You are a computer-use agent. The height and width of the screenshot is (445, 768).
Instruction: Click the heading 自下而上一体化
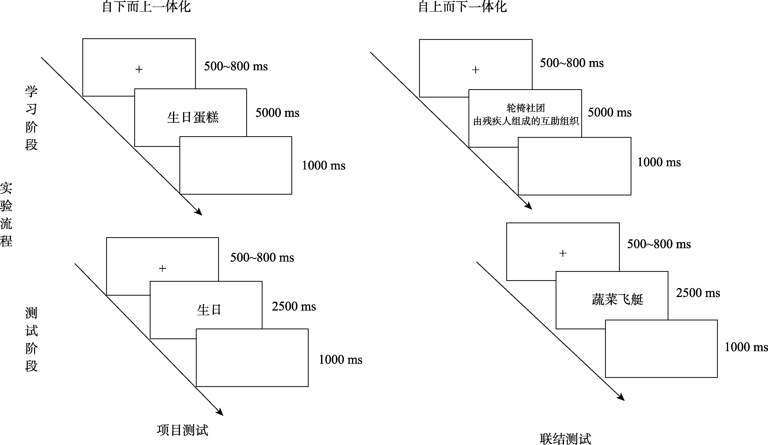(x=146, y=7)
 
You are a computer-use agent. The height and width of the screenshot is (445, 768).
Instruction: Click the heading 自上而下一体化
(x=463, y=7)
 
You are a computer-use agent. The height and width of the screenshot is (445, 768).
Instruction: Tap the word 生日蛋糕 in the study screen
(x=193, y=117)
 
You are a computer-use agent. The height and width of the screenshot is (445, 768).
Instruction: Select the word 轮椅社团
(x=526, y=108)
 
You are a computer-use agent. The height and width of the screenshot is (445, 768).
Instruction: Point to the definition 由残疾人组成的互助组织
(x=526, y=122)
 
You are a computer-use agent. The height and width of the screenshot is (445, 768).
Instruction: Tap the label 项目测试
(x=183, y=430)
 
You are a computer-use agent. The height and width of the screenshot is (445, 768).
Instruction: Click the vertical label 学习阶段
(x=31, y=118)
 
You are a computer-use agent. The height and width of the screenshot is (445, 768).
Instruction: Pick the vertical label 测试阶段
(x=31, y=339)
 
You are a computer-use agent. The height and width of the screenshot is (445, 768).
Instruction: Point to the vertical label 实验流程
(x=6, y=215)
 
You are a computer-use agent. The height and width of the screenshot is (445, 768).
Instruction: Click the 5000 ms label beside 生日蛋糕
(x=277, y=113)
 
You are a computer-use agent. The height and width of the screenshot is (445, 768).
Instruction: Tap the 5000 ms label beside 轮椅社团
(x=610, y=113)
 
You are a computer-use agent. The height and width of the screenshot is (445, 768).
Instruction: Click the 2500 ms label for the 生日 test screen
(x=294, y=306)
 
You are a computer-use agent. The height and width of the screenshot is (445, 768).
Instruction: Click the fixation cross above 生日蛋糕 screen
(x=139, y=69)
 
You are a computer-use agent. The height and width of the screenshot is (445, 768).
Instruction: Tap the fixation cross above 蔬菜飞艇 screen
(x=563, y=253)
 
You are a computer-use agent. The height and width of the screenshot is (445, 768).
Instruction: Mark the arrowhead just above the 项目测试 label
(x=220, y=413)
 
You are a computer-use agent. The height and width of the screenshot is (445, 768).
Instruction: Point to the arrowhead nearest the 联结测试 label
(x=621, y=398)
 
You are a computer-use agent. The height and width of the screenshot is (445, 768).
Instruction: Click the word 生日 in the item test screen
(x=209, y=310)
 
